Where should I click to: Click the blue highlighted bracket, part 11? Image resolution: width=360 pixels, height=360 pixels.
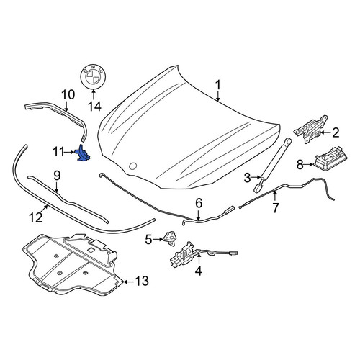pyautogui.click(x=83, y=153)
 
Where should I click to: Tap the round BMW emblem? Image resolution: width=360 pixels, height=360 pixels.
pyautogui.click(x=93, y=76)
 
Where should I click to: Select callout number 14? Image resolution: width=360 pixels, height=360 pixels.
pyautogui.click(x=94, y=106)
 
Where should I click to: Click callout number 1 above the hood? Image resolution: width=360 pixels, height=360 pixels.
pyautogui.click(x=218, y=86)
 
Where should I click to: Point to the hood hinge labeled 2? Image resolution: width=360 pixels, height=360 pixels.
pyautogui.click(x=310, y=129)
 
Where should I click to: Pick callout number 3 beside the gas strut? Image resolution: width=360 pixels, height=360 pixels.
pyautogui.click(x=248, y=178)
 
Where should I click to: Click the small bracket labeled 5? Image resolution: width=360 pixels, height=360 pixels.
pyautogui.click(x=170, y=238)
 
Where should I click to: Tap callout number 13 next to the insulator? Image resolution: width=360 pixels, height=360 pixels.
pyautogui.click(x=142, y=281)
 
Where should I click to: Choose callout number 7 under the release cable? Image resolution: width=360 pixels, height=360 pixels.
pyautogui.click(x=276, y=208)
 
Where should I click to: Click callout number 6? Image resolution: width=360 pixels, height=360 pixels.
pyautogui.click(x=199, y=204)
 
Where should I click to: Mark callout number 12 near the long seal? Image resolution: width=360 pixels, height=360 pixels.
pyautogui.click(x=36, y=217)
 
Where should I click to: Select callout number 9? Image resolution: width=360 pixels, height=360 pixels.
pyautogui.click(x=57, y=176)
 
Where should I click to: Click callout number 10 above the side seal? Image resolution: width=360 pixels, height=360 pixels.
pyautogui.click(x=68, y=95)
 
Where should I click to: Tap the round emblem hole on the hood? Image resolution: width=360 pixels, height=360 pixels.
pyautogui.click(x=132, y=166)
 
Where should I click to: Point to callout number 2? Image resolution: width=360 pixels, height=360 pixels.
pyautogui.click(x=335, y=132)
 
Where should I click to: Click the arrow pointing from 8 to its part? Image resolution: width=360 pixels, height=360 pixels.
pyautogui.click(x=308, y=165)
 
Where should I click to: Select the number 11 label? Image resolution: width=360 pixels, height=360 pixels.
pyautogui.click(x=59, y=152)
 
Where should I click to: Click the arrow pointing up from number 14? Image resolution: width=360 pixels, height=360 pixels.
pyautogui.click(x=94, y=95)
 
